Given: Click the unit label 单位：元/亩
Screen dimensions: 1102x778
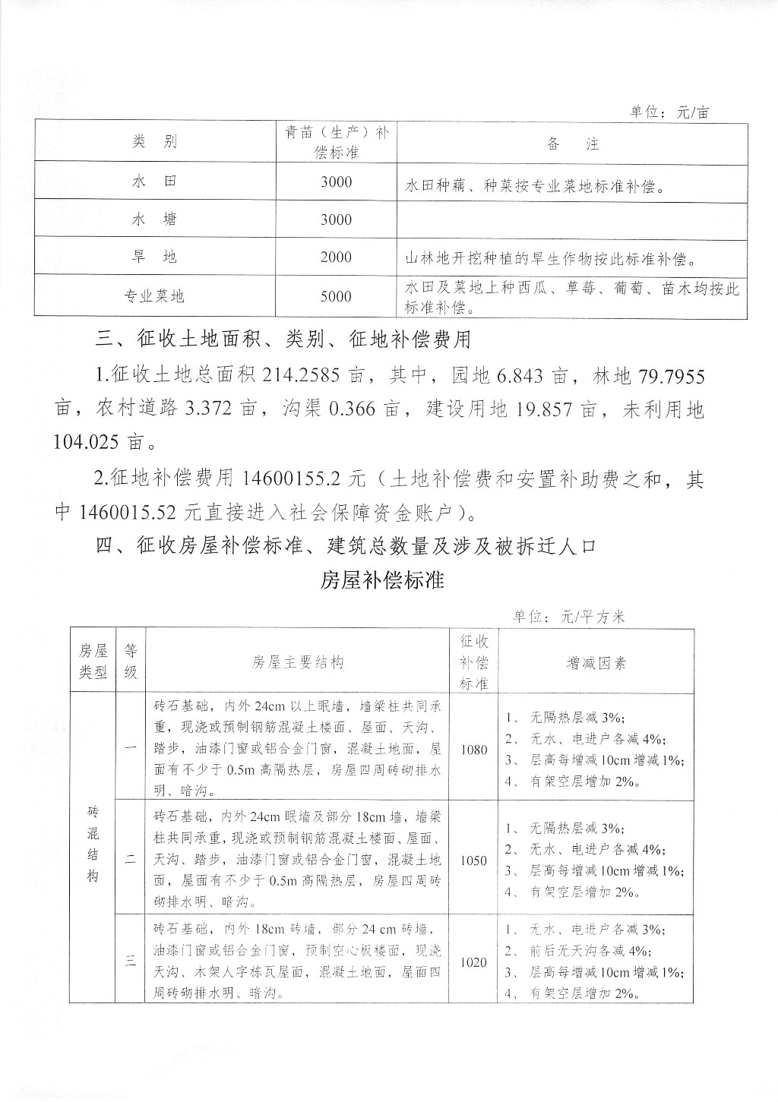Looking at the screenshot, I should (669, 112).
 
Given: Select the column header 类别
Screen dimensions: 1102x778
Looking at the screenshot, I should (154, 142).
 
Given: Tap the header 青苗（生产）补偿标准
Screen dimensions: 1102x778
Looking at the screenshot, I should (336, 142).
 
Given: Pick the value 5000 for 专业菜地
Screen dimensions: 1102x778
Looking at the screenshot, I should (336, 296).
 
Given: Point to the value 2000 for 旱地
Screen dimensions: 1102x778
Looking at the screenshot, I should (336, 257).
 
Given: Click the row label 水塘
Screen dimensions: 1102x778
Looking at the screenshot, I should (154, 219).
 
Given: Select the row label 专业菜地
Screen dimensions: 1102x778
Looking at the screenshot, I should (154, 296).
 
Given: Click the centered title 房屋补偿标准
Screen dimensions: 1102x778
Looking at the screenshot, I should (382, 581).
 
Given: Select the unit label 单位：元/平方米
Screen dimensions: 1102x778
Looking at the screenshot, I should (568, 617).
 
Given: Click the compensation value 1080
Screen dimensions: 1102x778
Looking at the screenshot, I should (474, 750).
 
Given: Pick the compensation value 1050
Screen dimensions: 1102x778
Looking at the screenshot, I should (474, 860).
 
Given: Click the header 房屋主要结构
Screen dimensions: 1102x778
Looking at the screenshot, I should (298, 662).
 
